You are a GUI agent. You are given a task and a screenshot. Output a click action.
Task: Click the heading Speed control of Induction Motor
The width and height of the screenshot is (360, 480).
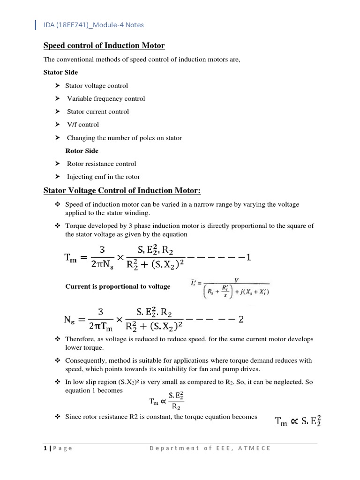[x=104, y=45]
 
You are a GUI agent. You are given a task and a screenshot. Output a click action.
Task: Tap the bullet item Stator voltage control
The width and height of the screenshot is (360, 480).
[x=96, y=86]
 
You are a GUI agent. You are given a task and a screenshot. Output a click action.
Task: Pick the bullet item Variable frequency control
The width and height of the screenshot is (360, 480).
[x=106, y=98]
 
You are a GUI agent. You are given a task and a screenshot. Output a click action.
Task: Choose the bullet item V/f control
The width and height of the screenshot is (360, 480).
[x=83, y=125]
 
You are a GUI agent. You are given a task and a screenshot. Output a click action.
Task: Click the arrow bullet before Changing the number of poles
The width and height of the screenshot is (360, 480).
[x=57, y=138]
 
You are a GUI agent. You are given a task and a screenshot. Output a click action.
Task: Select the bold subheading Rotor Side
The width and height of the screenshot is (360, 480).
[x=82, y=151]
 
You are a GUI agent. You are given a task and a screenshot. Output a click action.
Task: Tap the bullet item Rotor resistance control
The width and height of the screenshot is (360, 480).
[x=101, y=164]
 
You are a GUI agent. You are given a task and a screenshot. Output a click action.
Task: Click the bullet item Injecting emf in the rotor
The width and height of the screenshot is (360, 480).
[x=103, y=177]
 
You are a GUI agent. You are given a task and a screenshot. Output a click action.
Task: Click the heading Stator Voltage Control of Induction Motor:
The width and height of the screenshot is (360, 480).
[x=122, y=191]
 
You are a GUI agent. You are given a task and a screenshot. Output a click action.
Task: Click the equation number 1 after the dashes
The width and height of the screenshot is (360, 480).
[x=248, y=257]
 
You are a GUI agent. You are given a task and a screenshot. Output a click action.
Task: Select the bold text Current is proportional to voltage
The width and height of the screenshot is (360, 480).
[x=118, y=286]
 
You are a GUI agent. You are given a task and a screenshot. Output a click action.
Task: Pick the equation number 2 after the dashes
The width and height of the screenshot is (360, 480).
[x=241, y=320]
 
